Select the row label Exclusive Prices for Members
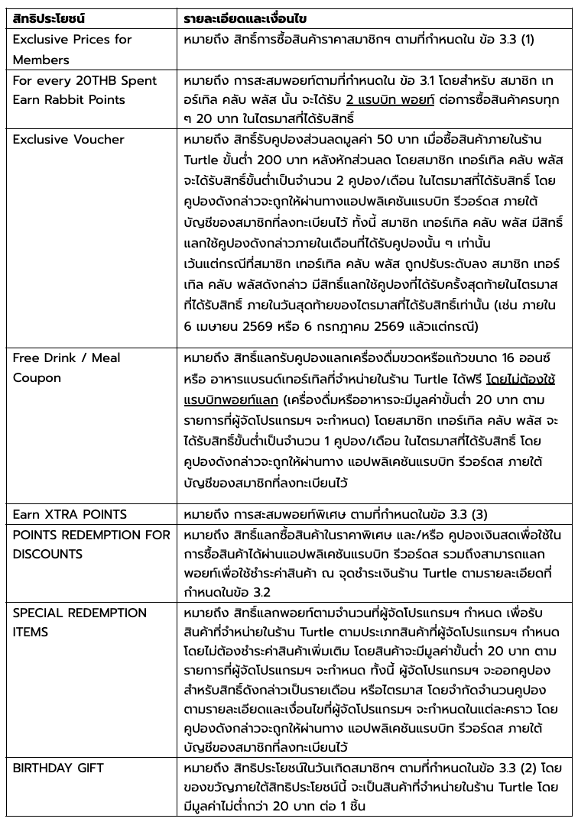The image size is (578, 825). click(72, 49)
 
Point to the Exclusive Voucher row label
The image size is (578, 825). click(68, 140)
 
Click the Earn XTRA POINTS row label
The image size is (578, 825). click(70, 513)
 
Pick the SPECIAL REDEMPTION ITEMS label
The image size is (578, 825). click(80, 623)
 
